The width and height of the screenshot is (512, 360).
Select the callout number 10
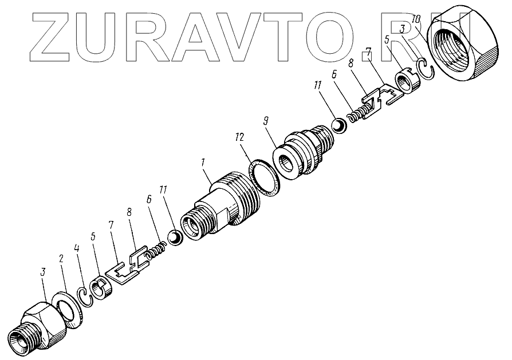pyautogui.click(x=416, y=19)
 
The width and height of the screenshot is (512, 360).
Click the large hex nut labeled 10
pyautogui.click(x=460, y=46)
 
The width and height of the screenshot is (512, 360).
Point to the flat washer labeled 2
pyautogui.click(x=68, y=309)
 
